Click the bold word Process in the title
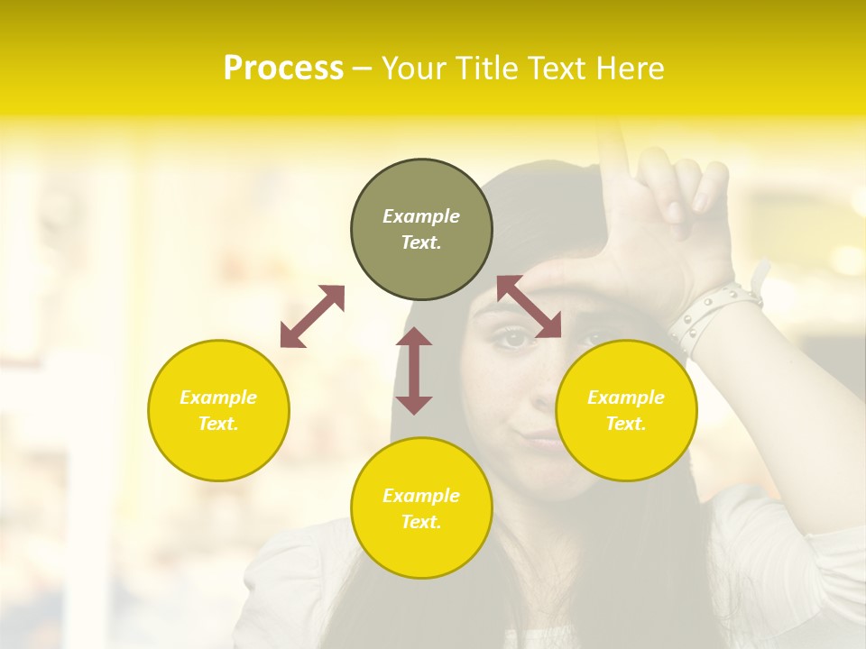click(283, 69)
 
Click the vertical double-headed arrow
click(414, 370)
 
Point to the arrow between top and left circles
click(312, 316)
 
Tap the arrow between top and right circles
click(530, 307)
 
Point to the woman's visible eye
click(513, 339)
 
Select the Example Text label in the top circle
click(421, 229)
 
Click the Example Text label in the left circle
click(218, 410)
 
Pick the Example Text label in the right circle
click(626, 410)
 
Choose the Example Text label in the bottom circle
click(421, 508)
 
